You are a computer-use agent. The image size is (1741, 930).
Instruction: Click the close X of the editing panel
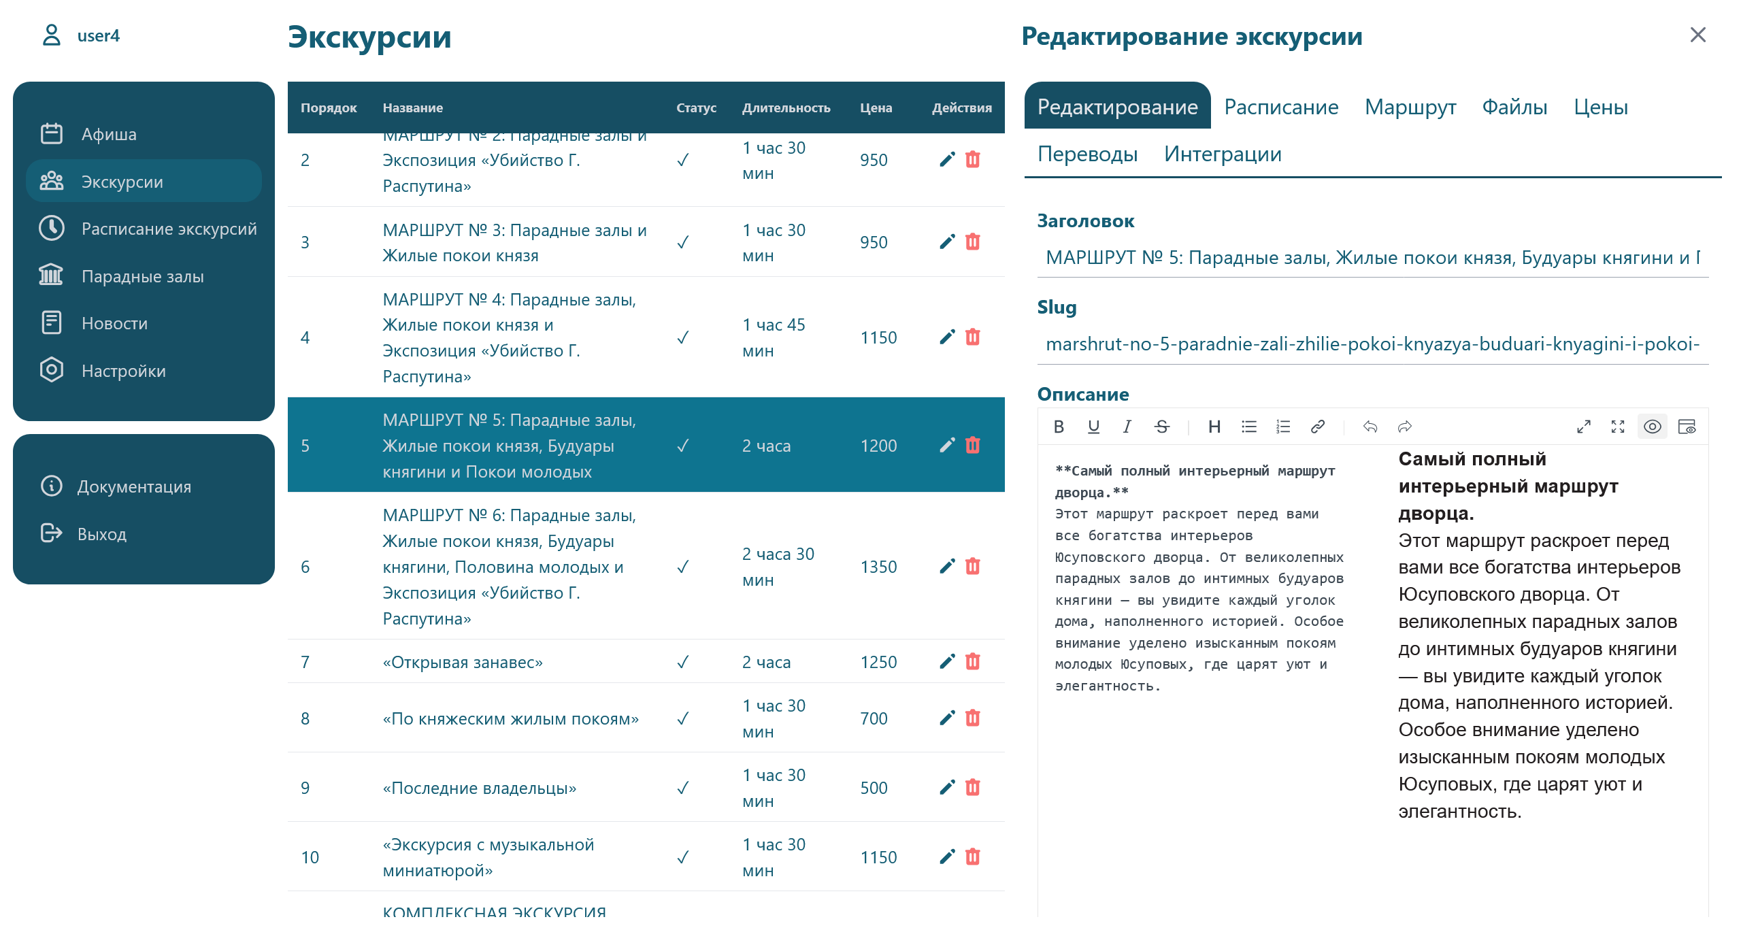tap(1697, 35)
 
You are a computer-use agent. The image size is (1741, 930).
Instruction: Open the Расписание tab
tap(1281, 107)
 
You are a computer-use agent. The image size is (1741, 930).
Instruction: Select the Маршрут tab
tap(1410, 107)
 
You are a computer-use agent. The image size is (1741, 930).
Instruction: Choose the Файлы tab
tap(1514, 107)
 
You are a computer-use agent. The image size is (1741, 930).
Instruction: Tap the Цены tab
tap(1600, 107)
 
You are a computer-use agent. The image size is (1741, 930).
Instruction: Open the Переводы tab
tap(1087, 154)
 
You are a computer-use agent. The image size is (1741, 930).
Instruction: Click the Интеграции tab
tap(1223, 154)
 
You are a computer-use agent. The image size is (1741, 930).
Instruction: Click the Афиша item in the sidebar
tap(109, 134)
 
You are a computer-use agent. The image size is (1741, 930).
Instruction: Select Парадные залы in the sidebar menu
tap(142, 276)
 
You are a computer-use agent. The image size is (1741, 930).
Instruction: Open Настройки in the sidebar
tap(123, 371)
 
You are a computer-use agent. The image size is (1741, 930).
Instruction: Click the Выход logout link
tap(101, 534)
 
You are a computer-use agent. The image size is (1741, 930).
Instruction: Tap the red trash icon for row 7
tap(973, 661)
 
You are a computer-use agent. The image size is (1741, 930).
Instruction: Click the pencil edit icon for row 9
tap(947, 787)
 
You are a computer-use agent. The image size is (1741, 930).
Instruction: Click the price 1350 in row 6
tap(878, 567)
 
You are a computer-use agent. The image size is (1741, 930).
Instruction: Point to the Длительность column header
tap(786, 107)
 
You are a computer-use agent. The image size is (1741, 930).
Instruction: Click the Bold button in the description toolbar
tap(1059, 427)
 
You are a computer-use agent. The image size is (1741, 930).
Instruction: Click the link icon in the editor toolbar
tap(1317, 427)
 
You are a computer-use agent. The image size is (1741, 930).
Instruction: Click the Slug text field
tap(1372, 344)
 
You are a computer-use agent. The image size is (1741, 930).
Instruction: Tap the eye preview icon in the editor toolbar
tap(1652, 427)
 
